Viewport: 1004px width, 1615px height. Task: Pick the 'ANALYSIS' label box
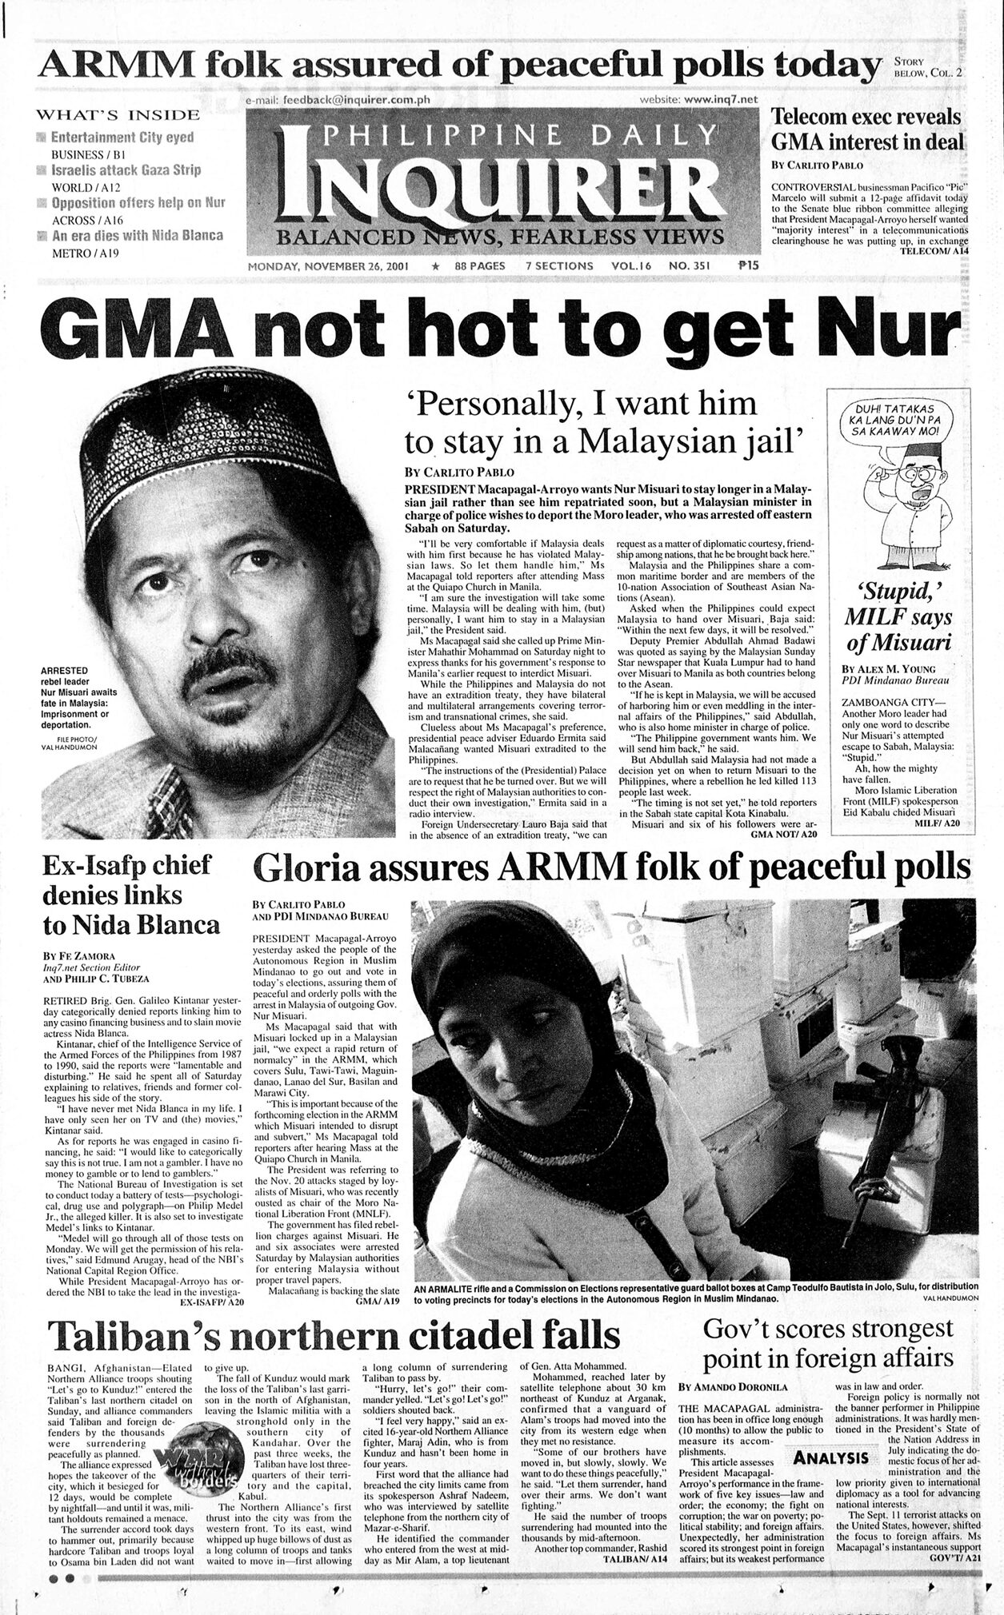click(831, 1457)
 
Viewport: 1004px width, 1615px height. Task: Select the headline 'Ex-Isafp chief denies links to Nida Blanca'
click(131, 895)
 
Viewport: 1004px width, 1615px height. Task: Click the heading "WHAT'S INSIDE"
click(120, 115)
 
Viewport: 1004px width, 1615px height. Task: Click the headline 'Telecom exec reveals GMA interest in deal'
click(867, 130)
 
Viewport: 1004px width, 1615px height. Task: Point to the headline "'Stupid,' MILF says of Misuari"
click(899, 616)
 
